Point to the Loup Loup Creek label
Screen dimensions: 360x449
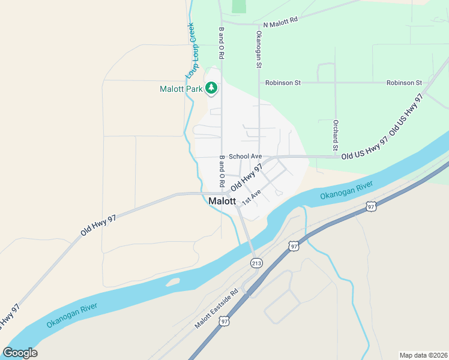pos(191,50)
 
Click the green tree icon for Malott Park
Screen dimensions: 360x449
pos(211,89)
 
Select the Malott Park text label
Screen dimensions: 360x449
pos(181,89)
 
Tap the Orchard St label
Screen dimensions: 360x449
pos(336,136)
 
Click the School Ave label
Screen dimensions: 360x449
pos(245,156)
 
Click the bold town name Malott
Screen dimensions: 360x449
pos(222,202)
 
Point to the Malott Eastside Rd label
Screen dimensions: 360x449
pos(216,309)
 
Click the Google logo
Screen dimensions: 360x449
pos(20,353)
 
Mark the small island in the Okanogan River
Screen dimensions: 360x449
pos(172,281)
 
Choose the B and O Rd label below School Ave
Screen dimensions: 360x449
pos(221,172)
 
